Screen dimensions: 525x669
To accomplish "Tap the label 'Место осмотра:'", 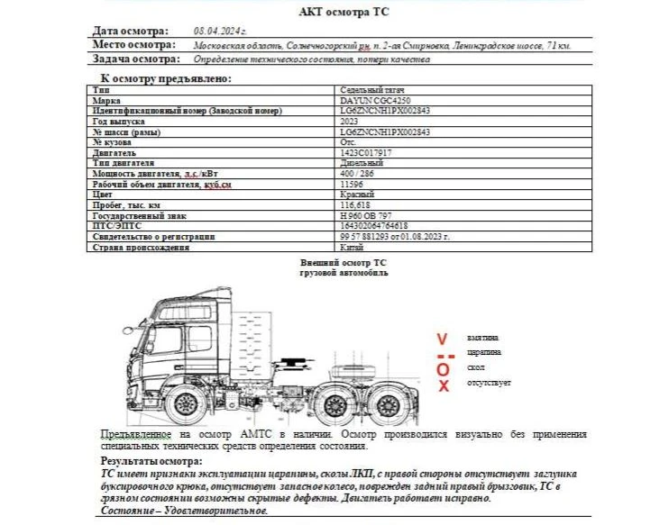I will pyautogui.click(x=133, y=44).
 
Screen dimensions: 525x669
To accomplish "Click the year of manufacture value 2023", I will pyautogui.click(x=350, y=122).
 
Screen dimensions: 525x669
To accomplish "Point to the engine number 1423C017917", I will pyautogui.click(x=365, y=153).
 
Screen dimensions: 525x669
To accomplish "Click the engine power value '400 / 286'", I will pyautogui.click(x=356, y=174).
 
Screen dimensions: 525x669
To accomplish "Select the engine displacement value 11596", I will pyautogui.click(x=351, y=184).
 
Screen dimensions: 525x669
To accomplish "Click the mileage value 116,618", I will pyautogui.click(x=353, y=205).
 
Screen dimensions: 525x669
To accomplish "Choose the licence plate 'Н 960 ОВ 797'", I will pyautogui.click(x=364, y=216).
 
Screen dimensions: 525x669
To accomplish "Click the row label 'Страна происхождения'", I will pyautogui.click(x=136, y=247).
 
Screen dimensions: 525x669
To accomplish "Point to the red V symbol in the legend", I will pyautogui.click(x=441, y=339).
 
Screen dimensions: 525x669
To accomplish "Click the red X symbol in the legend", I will pyautogui.click(x=443, y=386).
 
